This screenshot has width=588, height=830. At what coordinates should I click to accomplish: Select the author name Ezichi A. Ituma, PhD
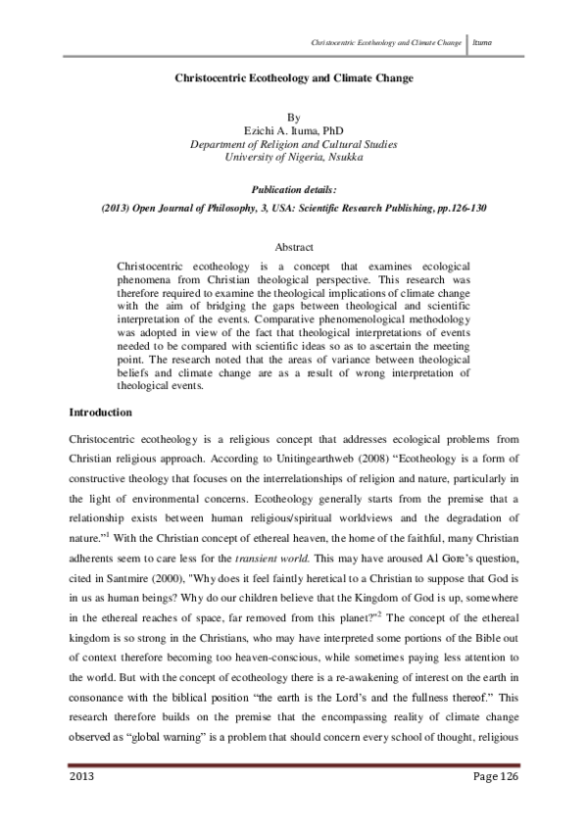point(293,129)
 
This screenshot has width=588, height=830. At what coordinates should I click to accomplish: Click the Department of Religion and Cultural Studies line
point(293,143)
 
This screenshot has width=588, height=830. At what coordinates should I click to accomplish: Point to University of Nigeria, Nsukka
point(293,157)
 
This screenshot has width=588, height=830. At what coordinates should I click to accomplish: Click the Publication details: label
point(293,189)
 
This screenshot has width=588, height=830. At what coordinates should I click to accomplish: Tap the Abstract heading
point(293,249)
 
